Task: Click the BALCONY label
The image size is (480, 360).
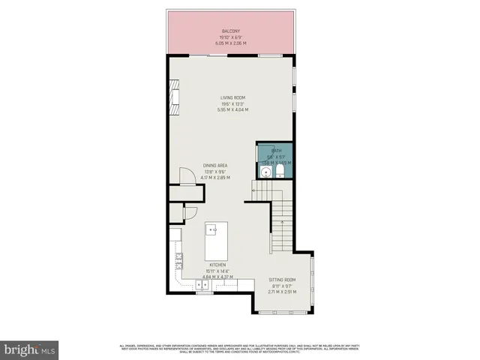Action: coord(229,31)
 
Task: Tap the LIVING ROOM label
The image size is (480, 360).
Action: coord(232,98)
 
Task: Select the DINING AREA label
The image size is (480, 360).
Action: coord(215,166)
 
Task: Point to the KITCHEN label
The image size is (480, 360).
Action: coord(217,265)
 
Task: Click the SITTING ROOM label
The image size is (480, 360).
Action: coord(283,280)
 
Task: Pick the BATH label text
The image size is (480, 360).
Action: coord(277,150)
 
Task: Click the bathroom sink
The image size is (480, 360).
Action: coord(265,172)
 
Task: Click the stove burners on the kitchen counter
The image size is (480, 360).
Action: coord(179,260)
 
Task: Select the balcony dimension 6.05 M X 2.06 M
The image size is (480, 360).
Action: coord(229,43)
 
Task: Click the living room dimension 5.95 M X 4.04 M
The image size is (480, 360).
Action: coord(232,110)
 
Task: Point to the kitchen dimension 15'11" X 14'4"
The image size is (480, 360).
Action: coord(217,271)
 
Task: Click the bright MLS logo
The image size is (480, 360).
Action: coord(30,349)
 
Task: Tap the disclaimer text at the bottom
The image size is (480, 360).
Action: coord(240,348)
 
